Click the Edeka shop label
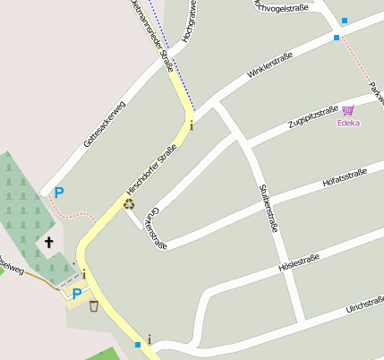pos(348,123)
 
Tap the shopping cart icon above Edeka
pos(347,110)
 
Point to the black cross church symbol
pos(49,242)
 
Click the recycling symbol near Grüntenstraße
pos(129,203)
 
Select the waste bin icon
pos(94,306)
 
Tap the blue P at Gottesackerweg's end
pos(59,192)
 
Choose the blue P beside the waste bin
pos(77,293)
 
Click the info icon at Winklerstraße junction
pos(191,125)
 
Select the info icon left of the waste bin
pos(84,274)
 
